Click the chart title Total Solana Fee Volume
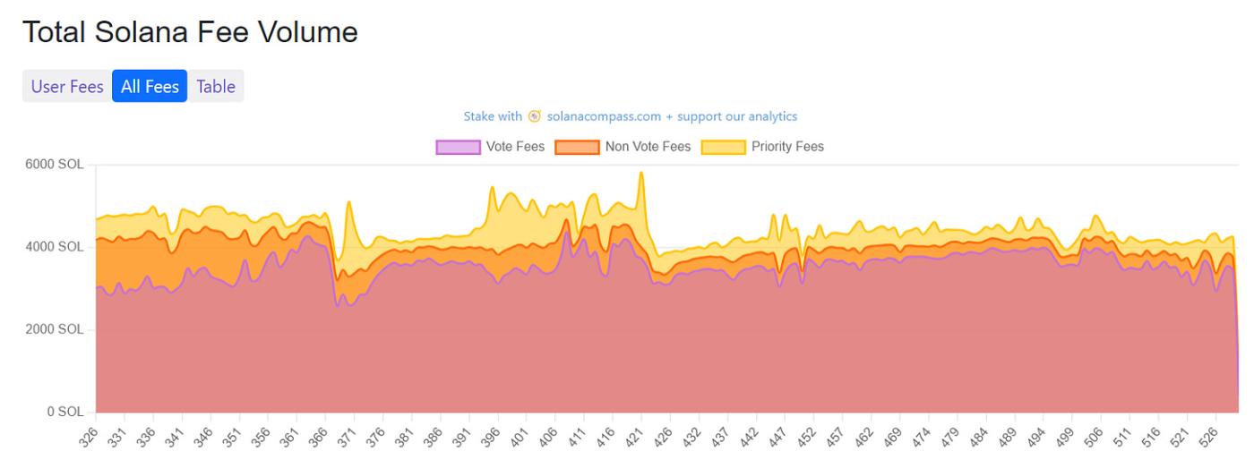click(x=190, y=33)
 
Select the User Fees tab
click(x=67, y=87)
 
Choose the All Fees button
click(x=150, y=87)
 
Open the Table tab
click(x=216, y=87)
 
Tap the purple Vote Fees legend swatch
click(x=457, y=147)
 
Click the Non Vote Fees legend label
click(x=648, y=147)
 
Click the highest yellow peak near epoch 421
click(x=641, y=174)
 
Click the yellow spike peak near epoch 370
click(x=349, y=203)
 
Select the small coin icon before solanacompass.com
click(x=535, y=116)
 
